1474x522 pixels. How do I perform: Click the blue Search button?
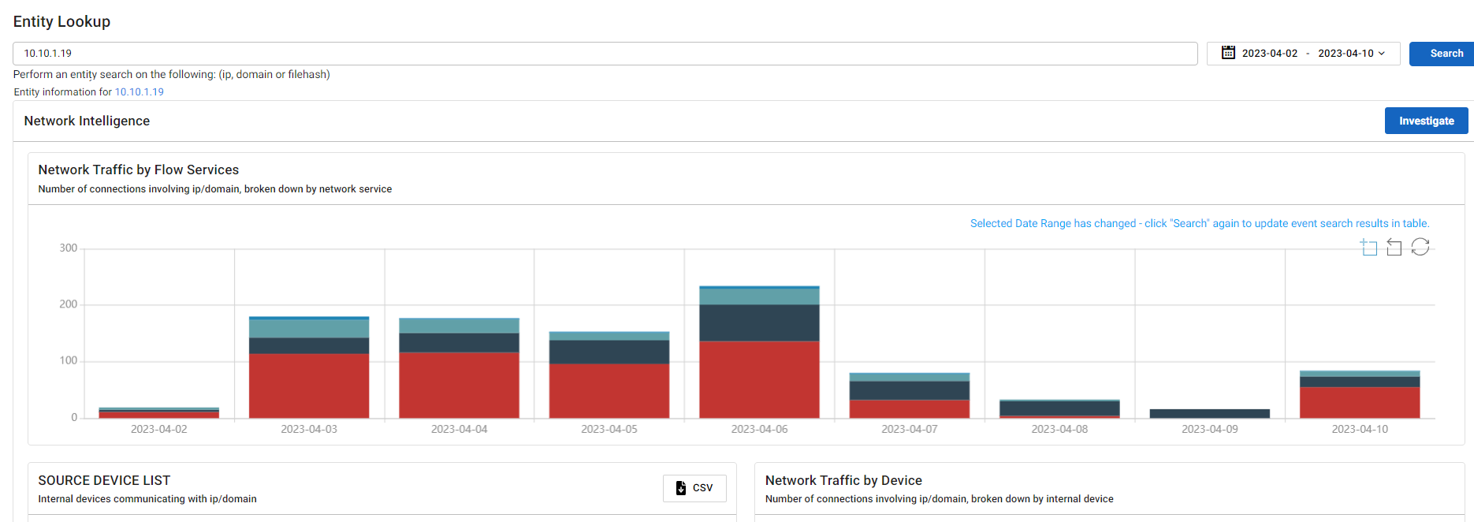point(1440,54)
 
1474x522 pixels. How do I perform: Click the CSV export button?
point(694,488)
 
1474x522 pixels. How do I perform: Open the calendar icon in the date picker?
point(1228,53)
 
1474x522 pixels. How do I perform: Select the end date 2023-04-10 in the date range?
point(1346,54)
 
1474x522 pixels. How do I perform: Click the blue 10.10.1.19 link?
point(140,92)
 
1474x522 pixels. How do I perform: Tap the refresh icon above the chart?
point(1420,247)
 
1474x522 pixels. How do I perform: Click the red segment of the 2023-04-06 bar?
point(759,379)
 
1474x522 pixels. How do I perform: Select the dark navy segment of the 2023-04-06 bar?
point(759,323)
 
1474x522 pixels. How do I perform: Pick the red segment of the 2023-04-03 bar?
point(309,386)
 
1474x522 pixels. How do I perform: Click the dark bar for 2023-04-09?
point(1209,413)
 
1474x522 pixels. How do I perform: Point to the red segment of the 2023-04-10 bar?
point(1360,402)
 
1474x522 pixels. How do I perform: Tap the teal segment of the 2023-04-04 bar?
point(459,325)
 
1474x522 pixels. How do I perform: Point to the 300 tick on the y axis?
point(69,248)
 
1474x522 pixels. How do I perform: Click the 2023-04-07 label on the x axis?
point(909,429)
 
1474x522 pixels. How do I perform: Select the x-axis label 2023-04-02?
point(158,429)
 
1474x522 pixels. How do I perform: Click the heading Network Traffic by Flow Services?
point(139,170)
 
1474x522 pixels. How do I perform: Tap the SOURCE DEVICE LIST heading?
point(104,480)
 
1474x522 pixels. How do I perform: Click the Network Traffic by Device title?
point(843,480)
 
